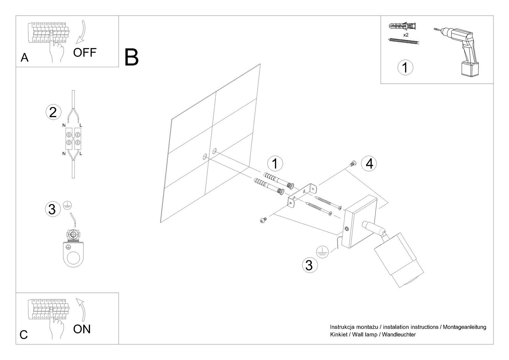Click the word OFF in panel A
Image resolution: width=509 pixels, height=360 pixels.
pyautogui.click(x=84, y=53)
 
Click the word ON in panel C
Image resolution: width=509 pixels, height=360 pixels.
pyautogui.click(x=82, y=329)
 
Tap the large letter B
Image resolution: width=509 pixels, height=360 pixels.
pyautogui.click(x=131, y=57)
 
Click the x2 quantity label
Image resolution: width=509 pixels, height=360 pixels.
pyautogui.click(x=406, y=35)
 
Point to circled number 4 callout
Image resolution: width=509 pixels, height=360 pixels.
pyautogui.click(x=369, y=164)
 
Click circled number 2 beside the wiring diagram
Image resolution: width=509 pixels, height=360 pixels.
pyautogui.click(x=53, y=112)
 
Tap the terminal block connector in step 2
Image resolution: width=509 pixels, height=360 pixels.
pyautogui.click(x=73, y=139)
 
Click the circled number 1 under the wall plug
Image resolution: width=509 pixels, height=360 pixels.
pyautogui.click(x=405, y=67)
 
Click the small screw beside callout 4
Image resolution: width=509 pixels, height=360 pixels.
pyautogui.click(x=352, y=164)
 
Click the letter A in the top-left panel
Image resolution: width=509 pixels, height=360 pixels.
pyautogui.click(x=24, y=58)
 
